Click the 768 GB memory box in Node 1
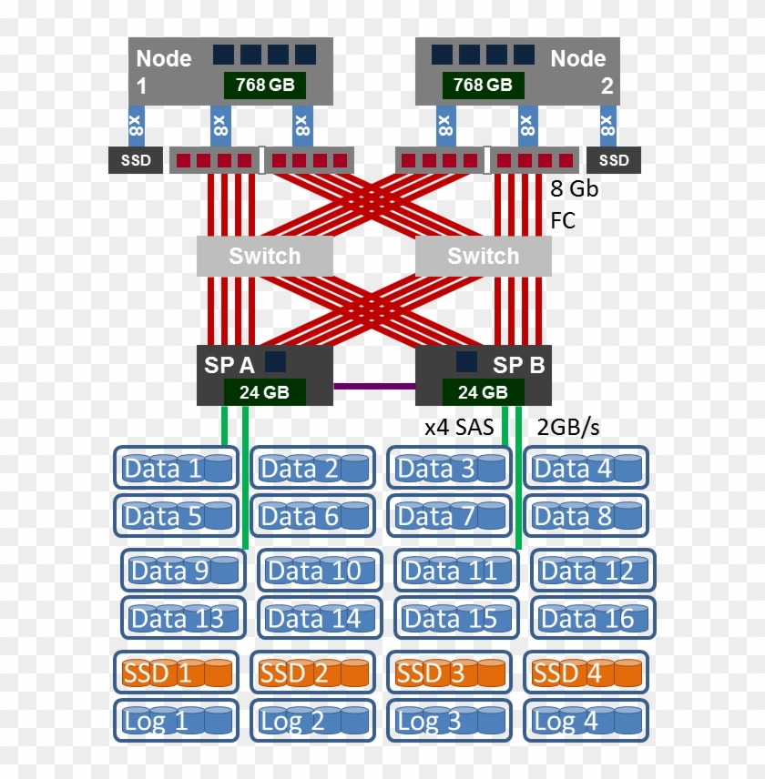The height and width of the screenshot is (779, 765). [x=265, y=86]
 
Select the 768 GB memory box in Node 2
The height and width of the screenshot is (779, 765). [x=483, y=86]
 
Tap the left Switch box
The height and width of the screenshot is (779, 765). [x=264, y=257]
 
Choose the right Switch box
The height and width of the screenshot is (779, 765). [x=483, y=257]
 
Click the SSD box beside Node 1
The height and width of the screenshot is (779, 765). [x=136, y=161]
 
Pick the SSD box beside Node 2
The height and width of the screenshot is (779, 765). [x=614, y=161]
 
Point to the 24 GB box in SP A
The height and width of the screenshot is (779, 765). [x=264, y=393]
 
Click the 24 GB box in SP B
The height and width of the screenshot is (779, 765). [x=483, y=393]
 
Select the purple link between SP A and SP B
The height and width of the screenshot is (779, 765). [x=373, y=386]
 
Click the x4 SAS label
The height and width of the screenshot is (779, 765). [x=460, y=427]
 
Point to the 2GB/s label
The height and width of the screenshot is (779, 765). [x=568, y=427]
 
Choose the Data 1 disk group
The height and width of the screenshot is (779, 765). [x=176, y=468]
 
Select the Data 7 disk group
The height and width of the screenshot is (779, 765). [x=449, y=516]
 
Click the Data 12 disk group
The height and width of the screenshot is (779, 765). [x=593, y=571]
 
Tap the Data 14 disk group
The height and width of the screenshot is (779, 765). [x=320, y=619]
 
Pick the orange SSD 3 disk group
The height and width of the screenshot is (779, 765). [x=449, y=673]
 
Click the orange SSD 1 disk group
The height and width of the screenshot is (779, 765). [x=176, y=673]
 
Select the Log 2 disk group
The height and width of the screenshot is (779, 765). [x=312, y=722]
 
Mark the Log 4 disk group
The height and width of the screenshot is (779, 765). [x=586, y=722]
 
